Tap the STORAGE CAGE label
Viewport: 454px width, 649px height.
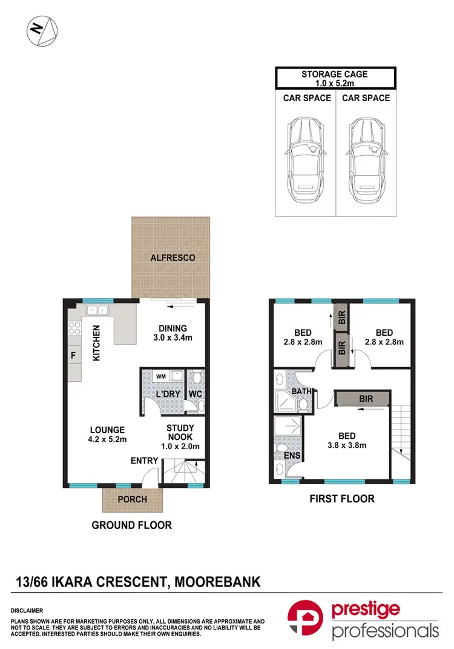pyautogui.click(x=335, y=75)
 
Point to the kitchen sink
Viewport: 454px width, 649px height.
pyautogui.click(x=97, y=311)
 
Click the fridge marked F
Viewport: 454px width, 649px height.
pyautogui.click(x=73, y=356)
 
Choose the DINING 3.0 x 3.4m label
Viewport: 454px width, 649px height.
pyautogui.click(x=171, y=333)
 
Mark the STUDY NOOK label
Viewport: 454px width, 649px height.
pyautogui.click(x=182, y=434)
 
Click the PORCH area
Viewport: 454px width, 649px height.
pyautogui.click(x=133, y=499)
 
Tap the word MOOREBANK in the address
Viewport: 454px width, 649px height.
pyautogui.click(x=217, y=582)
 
